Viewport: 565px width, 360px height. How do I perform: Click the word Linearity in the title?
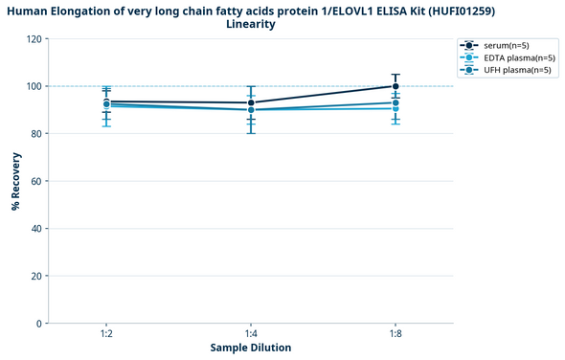251,24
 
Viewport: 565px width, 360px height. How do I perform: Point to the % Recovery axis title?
16,181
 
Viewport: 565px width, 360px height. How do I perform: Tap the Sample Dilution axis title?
251,347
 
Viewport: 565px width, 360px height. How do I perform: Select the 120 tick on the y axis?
34,39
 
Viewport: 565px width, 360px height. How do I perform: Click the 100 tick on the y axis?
34,86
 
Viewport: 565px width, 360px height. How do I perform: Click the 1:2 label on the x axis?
106,332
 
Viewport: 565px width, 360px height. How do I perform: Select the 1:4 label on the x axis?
251,332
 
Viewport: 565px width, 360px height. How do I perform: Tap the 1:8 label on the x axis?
395,332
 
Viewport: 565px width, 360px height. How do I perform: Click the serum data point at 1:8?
395,86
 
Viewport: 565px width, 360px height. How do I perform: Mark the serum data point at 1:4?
251,102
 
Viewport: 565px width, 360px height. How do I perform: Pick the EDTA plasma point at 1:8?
395,108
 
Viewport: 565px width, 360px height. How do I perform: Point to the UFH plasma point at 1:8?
395,102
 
